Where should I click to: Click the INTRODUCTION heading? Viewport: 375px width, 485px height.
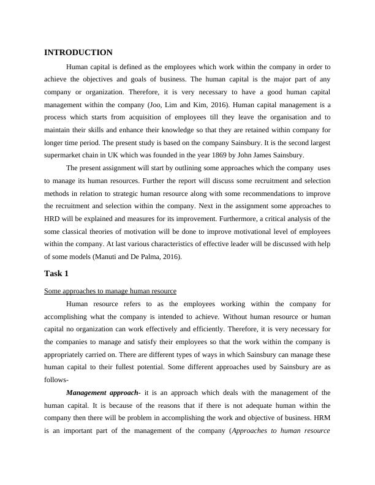coord(78,53)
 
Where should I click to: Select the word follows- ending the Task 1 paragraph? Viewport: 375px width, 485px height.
coord(56,379)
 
